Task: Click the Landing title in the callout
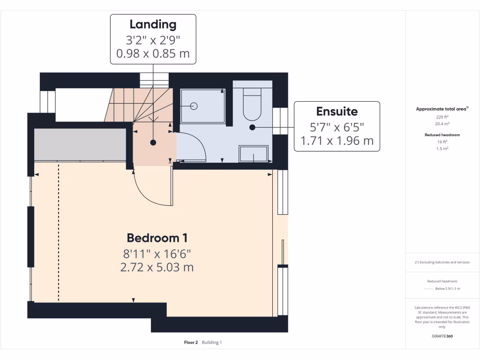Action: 153,24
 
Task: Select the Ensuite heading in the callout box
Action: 337,112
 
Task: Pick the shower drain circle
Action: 194,106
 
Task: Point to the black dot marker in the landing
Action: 153,142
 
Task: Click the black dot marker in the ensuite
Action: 252,127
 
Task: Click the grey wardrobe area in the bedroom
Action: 80,144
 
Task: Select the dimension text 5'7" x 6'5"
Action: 337,127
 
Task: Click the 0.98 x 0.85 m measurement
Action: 153,53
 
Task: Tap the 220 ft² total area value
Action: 442,117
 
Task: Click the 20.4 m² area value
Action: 442,124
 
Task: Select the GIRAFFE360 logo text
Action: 442,336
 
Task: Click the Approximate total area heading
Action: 442,109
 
